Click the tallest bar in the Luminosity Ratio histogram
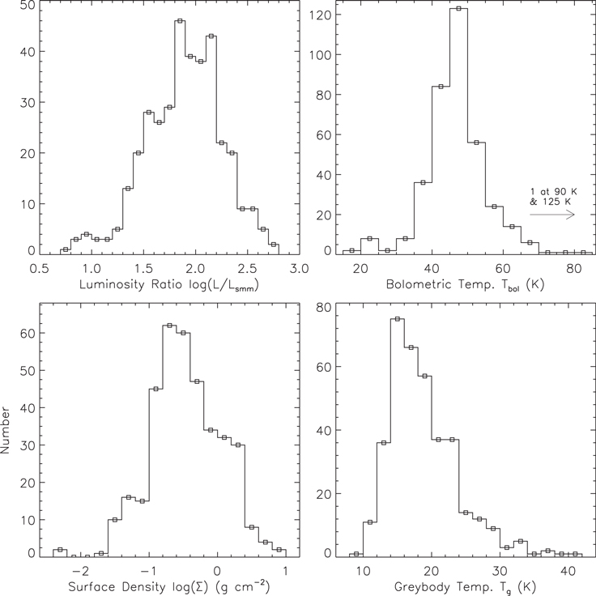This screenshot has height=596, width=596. [180, 138]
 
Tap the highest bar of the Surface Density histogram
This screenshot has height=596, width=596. [169, 437]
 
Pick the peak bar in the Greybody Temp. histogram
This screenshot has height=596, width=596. [398, 437]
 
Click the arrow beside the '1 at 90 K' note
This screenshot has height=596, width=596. [552, 215]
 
